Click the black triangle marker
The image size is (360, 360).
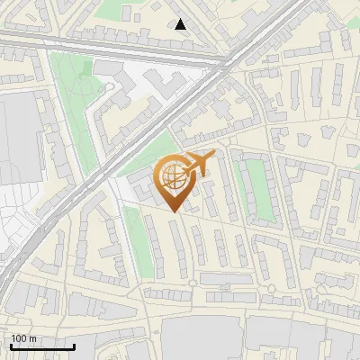coord(181,24)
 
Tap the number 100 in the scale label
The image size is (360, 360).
coord(19,338)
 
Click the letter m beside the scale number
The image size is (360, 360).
coord(32,338)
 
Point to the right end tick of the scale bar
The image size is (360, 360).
coord(75,346)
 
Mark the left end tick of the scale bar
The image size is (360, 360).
coord(11,346)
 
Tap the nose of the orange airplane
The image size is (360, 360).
coord(213,155)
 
